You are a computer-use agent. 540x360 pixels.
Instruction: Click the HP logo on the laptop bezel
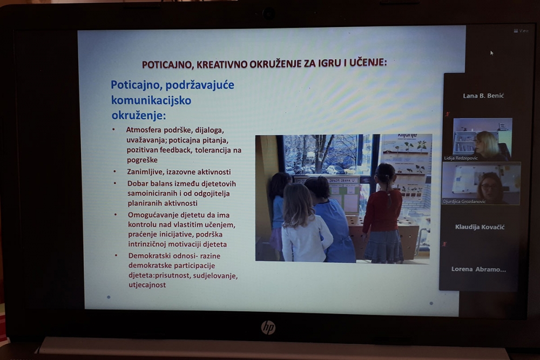(268, 327)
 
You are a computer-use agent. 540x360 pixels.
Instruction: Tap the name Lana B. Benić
(483, 96)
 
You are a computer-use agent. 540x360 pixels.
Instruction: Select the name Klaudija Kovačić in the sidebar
(480, 227)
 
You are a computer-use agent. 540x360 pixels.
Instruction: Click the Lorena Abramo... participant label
(478, 269)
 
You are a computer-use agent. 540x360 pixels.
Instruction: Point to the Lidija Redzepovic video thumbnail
(482, 139)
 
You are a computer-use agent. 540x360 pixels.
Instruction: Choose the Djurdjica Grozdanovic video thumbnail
(481, 184)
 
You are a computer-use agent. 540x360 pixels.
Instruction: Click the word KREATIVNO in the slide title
(221, 64)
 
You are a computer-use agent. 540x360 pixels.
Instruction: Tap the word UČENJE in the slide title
(368, 63)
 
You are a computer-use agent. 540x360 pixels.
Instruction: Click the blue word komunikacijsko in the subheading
(151, 100)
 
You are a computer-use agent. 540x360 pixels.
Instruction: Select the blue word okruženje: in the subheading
(138, 116)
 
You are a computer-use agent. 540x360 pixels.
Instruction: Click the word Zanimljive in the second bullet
(146, 171)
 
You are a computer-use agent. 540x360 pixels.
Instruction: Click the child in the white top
(305, 227)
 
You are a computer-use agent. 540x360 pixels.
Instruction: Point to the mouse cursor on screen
(491, 53)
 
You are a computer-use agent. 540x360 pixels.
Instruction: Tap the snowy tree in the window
(322, 151)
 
